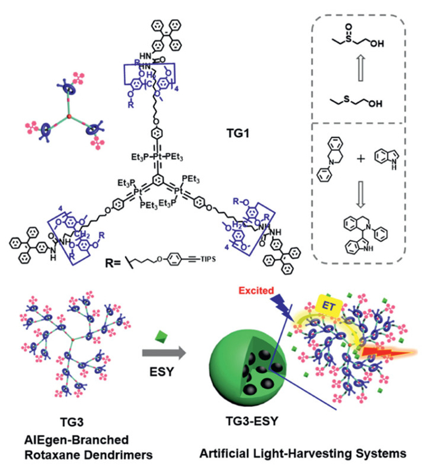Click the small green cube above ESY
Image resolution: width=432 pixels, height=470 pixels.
pos(162,333)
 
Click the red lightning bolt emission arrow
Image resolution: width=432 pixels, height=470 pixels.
pos(391,353)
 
